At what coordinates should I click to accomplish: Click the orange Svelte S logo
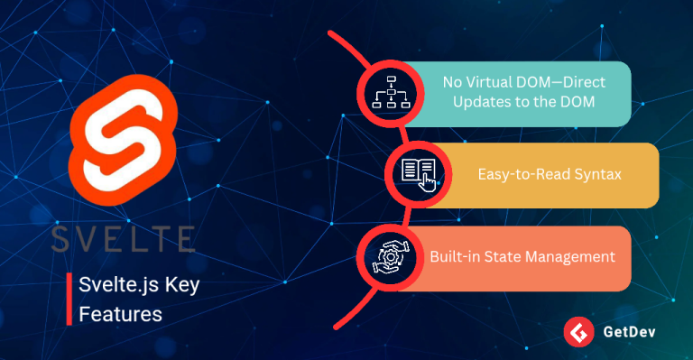tap(120, 145)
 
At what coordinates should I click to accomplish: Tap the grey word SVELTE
tap(124, 238)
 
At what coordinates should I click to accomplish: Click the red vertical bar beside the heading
tap(69, 300)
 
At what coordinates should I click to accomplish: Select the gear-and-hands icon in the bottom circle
tap(391, 257)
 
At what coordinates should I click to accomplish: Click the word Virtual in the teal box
tap(493, 82)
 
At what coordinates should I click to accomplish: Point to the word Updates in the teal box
tap(476, 102)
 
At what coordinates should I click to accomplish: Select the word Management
tap(572, 257)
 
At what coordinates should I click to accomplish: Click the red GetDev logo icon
tap(577, 333)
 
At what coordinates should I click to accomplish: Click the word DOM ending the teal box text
tap(577, 102)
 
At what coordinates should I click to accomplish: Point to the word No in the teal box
tap(452, 82)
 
